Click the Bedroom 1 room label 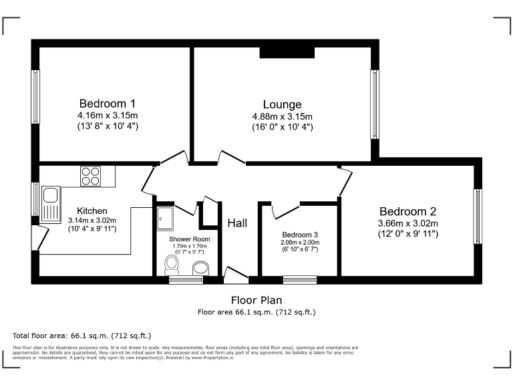pos(108,104)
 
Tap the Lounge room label pos(282,104)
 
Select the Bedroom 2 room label pos(407,211)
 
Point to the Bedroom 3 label pos(299,235)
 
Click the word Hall pos(237,223)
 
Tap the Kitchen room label pos(92,211)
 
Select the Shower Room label pos(189,239)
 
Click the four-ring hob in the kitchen pos(90,176)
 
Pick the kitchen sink pos(51,203)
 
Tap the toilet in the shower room pos(173,265)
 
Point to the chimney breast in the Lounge pos(287,52)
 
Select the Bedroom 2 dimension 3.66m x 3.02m pos(407,223)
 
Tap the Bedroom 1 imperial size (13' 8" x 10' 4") pos(108,126)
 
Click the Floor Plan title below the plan pos(256,300)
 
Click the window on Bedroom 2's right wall pos(477,217)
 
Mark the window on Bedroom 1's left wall pos(35,97)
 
